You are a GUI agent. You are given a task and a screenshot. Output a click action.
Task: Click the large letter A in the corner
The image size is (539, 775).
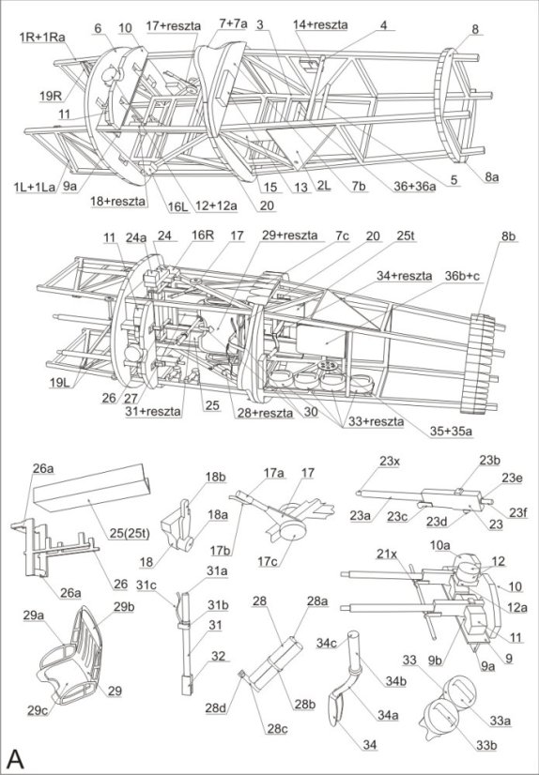[16, 757]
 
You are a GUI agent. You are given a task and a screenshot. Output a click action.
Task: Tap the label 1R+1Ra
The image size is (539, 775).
[42, 37]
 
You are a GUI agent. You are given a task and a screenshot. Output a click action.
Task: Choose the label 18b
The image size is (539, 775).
[216, 478]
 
